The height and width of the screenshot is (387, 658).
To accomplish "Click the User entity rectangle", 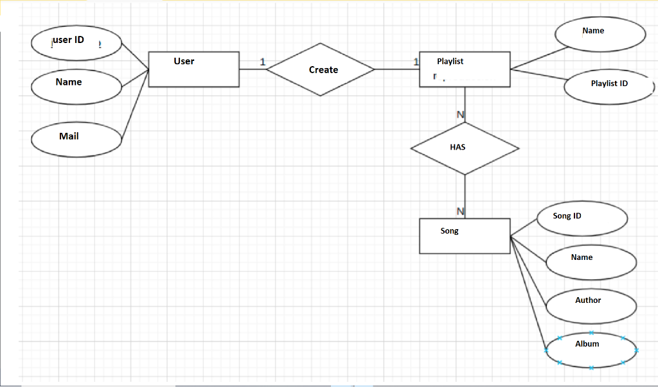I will pyautogui.click(x=193, y=69).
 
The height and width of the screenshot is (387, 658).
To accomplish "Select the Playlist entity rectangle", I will pyautogui.click(x=465, y=69).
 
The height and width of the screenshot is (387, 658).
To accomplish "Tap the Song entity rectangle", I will pyautogui.click(x=465, y=236).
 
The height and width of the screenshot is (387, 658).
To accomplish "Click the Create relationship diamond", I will pyautogui.click(x=321, y=69).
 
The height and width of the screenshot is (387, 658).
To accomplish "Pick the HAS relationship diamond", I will pyautogui.click(x=465, y=148).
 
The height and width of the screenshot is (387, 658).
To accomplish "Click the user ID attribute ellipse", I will pyautogui.click(x=76, y=42).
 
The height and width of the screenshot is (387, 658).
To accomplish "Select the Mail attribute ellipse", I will pyautogui.click(x=76, y=139).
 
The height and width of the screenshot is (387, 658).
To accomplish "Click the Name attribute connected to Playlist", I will pyautogui.click(x=600, y=33).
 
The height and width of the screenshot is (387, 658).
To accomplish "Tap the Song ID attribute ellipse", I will pyautogui.click(x=580, y=218).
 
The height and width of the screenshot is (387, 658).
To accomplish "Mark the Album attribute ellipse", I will pyautogui.click(x=591, y=350).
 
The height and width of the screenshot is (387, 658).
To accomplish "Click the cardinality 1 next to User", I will pyautogui.click(x=262, y=62).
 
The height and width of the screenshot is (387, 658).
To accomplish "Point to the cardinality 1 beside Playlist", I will pyautogui.click(x=416, y=62).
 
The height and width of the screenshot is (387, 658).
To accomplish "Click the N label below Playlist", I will pyautogui.click(x=460, y=115).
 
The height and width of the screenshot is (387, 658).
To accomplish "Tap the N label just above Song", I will pyautogui.click(x=460, y=211).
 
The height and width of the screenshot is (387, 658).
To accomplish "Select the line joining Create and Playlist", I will pyautogui.click(x=396, y=69).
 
